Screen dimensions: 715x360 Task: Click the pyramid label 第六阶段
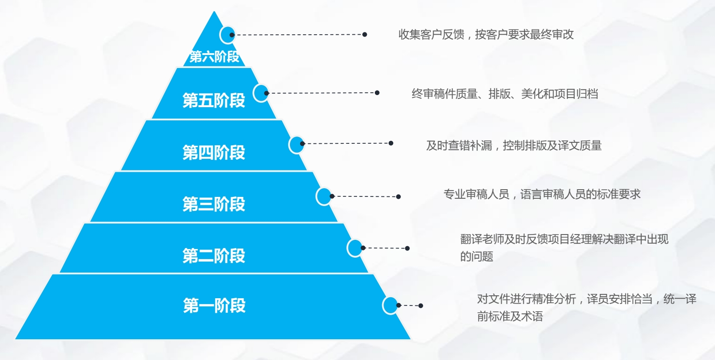[x=214, y=57]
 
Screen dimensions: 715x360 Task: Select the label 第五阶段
[x=214, y=100]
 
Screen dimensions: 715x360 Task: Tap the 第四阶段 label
[x=214, y=152]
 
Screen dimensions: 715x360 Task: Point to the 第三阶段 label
[x=214, y=204]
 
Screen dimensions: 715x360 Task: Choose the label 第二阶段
[x=214, y=256]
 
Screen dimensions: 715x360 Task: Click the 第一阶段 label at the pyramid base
[x=214, y=305]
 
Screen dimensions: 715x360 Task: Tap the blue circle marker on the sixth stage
[x=227, y=35]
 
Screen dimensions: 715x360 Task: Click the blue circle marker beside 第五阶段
[x=261, y=93]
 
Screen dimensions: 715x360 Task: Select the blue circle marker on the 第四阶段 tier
[x=297, y=145]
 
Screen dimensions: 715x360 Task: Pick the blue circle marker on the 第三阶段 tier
[x=324, y=196]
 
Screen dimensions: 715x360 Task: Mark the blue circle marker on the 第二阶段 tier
[x=355, y=248]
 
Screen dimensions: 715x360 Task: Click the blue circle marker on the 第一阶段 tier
[x=390, y=305]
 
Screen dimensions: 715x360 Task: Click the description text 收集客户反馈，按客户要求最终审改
[x=486, y=34]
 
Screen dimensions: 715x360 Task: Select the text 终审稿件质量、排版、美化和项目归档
[x=505, y=94]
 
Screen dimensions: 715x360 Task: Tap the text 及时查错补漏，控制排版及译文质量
[x=514, y=146]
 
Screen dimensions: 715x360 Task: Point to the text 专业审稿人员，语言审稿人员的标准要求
[x=542, y=194]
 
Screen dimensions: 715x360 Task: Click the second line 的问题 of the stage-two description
[x=477, y=256]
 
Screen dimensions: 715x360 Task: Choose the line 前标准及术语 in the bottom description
[x=510, y=316]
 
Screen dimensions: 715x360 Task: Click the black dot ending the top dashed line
[x=365, y=34]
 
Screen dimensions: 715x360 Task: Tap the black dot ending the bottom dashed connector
[x=421, y=306]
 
